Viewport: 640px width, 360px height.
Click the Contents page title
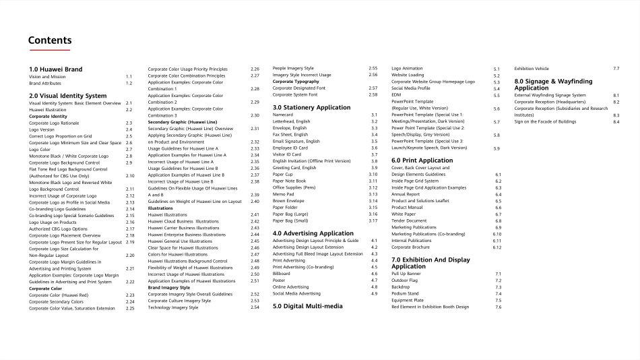click(50, 40)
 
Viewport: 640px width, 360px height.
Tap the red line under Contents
click(49, 50)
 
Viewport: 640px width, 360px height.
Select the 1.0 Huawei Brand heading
click(56, 69)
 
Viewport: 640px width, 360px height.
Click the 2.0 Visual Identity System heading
click(67, 96)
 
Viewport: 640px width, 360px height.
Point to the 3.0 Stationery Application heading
click(311, 107)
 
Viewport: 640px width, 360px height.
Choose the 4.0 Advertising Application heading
click(313, 233)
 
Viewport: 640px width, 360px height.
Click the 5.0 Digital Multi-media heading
click(307, 306)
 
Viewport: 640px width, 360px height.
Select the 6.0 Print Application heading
click(422, 160)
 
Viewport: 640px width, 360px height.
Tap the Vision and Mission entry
click(47, 77)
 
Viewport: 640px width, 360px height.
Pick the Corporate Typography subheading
click(296, 82)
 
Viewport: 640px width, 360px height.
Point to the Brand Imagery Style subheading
click(169, 288)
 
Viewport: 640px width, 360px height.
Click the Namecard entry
click(283, 115)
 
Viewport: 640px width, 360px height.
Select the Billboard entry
click(282, 274)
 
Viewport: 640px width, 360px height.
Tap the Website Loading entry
click(408, 76)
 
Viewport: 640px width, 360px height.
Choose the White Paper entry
click(404, 214)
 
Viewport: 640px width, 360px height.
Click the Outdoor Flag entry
click(406, 280)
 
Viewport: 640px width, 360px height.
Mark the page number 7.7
click(616, 69)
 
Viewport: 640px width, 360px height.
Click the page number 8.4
click(616, 121)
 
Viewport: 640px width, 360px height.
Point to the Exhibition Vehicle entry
click(532, 69)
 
